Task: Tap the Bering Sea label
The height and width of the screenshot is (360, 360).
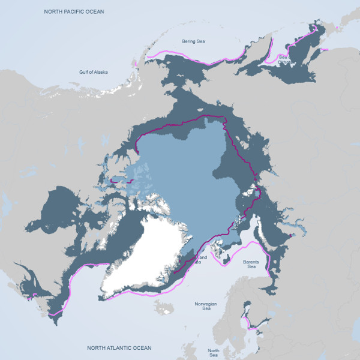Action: point(193,41)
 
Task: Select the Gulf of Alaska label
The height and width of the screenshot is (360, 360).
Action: point(93,72)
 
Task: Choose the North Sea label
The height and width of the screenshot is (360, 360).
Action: point(213,352)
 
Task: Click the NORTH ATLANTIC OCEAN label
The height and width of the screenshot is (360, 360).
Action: point(119,348)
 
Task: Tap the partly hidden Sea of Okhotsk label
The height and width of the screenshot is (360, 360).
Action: point(284,59)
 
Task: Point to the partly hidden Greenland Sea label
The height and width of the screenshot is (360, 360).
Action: point(200,260)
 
